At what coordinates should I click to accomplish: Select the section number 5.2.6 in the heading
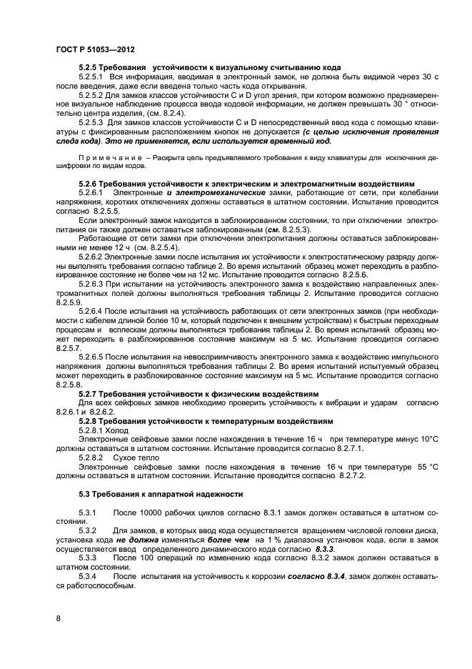click(89, 183)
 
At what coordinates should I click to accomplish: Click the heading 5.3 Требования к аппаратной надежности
click(161, 495)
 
